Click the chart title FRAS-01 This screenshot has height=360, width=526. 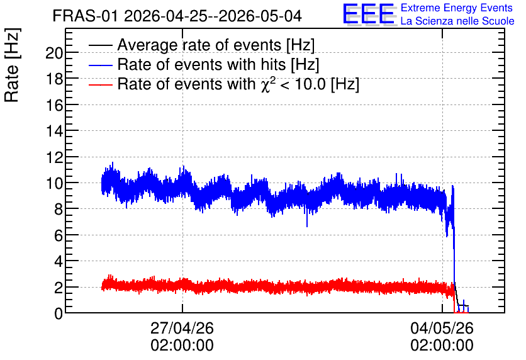pyautogui.click(x=85, y=16)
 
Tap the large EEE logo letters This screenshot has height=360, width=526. pyautogui.click(x=369, y=14)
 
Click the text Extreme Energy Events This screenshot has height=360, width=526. pyautogui.click(x=457, y=8)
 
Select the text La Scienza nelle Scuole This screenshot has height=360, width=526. pyautogui.click(x=457, y=21)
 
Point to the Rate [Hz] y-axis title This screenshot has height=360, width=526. pyautogui.click(x=12, y=65)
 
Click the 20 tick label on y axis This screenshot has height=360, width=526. pyautogui.click(x=54, y=53)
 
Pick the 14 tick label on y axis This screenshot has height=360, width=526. pyautogui.click(x=54, y=131)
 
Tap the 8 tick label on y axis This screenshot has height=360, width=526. pyautogui.click(x=59, y=209)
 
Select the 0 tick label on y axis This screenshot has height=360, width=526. pyautogui.click(x=59, y=313)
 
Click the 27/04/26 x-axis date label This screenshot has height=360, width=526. pyautogui.click(x=182, y=328)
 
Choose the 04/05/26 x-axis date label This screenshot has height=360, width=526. pyautogui.click(x=442, y=328)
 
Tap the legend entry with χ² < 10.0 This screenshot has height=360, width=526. pyautogui.click(x=238, y=84)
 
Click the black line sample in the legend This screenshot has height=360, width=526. pyautogui.click(x=100, y=45)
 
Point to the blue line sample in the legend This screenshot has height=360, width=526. pyautogui.click(x=100, y=65)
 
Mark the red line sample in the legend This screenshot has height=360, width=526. pyautogui.click(x=100, y=84)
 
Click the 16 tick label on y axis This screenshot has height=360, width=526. pyautogui.click(x=54, y=105)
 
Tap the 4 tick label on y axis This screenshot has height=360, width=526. pyautogui.click(x=59, y=261)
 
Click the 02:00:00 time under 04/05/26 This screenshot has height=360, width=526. pyautogui.click(x=442, y=346)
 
